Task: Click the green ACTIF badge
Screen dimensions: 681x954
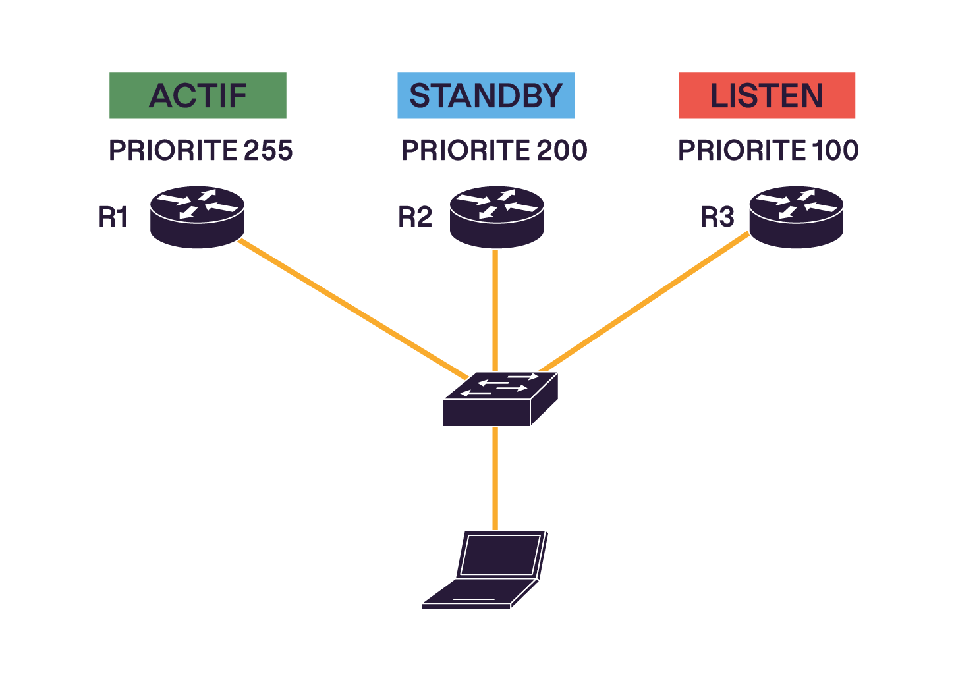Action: pyautogui.click(x=198, y=95)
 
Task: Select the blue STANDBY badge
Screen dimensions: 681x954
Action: pyautogui.click(x=486, y=95)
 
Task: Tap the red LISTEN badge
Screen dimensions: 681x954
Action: pyautogui.click(x=766, y=95)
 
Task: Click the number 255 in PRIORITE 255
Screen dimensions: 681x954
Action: pyautogui.click(x=268, y=151)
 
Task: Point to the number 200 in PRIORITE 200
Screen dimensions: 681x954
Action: pyautogui.click(x=561, y=151)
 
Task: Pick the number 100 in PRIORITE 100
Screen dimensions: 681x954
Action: pyautogui.click(x=835, y=151)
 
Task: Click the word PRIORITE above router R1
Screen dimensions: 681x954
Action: pyautogui.click(x=173, y=151)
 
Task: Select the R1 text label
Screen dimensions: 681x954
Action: pyautogui.click(x=113, y=217)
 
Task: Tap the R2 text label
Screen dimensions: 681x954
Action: pyautogui.click(x=415, y=217)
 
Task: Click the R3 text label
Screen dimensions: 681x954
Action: pyautogui.click(x=717, y=217)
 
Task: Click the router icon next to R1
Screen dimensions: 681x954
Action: pyautogui.click(x=197, y=217)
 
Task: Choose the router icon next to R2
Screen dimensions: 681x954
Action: pyautogui.click(x=497, y=217)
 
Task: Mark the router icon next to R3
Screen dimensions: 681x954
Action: pyautogui.click(x=796, y=217)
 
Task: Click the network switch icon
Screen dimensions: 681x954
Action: pyautogui.click(x=499, y=399)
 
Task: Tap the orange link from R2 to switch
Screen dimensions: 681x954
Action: pyautogui.click(x=495, y=310)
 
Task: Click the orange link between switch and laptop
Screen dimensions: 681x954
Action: pyautogui.click(x=495, y=477)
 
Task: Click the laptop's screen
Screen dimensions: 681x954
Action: pyautogui.click(x=500, y=555)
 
